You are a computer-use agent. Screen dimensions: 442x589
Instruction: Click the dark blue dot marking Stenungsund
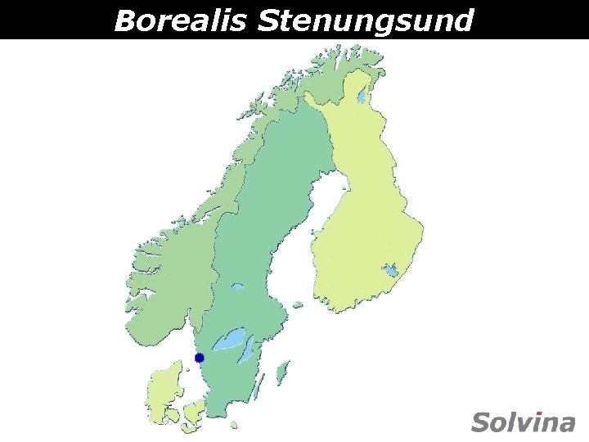[x=199, y=358]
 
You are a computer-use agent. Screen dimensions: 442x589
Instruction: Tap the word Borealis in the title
[x=180, y=20]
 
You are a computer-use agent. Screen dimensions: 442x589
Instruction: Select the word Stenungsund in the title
[x=365, y=20]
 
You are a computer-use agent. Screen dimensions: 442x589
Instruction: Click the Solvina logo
[x=524, y=422]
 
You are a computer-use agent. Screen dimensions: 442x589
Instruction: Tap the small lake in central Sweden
[x=237, y=286]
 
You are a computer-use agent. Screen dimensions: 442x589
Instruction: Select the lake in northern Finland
[x=361, y=97]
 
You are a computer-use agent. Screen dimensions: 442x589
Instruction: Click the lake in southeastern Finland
[x=392, y=270]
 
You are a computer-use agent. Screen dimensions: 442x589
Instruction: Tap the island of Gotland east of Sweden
[x=283, y=373]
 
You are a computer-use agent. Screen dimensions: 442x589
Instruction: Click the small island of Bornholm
[x=234, y=425]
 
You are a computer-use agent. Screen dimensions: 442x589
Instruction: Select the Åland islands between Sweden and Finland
[x=296, y=304]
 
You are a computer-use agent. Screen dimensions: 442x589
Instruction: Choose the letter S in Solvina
[x=481, y=422]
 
